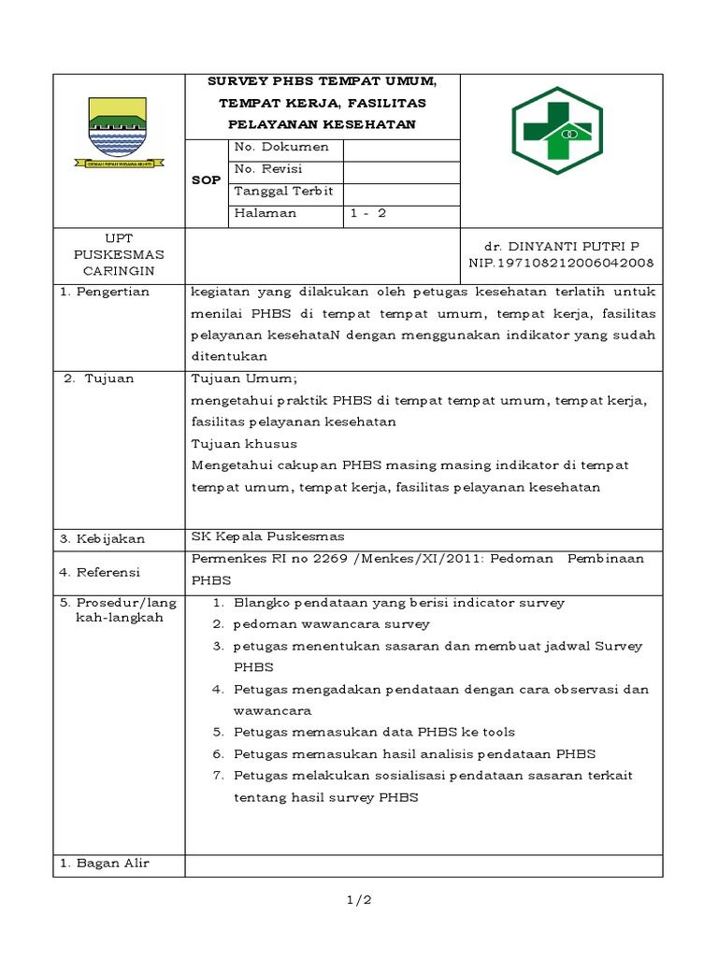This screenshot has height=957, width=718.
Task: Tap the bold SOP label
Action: (206, 180)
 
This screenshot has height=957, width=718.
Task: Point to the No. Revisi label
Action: (269, 169)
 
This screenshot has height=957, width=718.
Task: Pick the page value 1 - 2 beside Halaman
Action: (367, 213)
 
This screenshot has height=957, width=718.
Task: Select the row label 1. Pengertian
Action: (105, 292)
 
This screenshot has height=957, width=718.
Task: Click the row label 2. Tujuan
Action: (98, 379)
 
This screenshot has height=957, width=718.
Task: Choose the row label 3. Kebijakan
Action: (101, 539)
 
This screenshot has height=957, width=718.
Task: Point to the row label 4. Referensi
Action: (99, 571)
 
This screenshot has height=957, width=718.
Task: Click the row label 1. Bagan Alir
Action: (105, 863)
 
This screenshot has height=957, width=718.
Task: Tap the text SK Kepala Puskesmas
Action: (267, 536)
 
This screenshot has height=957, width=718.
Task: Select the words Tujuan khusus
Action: (244, 443)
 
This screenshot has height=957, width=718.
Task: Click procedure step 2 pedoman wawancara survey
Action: (331, 623)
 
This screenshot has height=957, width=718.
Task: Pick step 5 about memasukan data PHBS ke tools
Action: (374, 732)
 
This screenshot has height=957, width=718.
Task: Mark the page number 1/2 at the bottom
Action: (358, 900)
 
